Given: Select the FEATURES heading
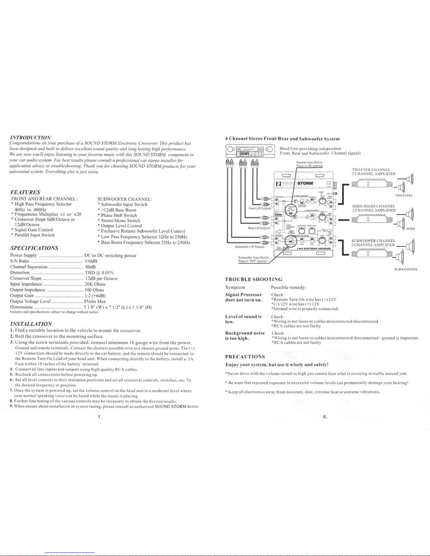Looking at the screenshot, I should point(25,192).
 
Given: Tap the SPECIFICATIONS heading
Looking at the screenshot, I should point(34,248).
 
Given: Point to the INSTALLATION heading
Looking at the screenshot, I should point(31,323).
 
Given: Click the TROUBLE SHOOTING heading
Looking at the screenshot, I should point(253,280).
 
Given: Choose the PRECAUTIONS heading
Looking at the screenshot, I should point(245,357).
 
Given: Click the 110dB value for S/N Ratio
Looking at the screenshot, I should point(91,261).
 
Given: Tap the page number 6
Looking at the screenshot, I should point(325,417).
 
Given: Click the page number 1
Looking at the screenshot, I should point(100,417).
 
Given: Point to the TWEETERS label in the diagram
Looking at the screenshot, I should point(404,196).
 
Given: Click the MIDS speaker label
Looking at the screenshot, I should point(410,229).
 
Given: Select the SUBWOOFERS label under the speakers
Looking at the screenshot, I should point(405,269).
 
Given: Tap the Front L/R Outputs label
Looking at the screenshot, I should point(259,208).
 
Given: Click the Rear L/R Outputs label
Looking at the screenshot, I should point(258,228).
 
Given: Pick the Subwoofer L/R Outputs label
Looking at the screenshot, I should point(250,247).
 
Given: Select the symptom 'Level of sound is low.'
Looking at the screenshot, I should point(243,319).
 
